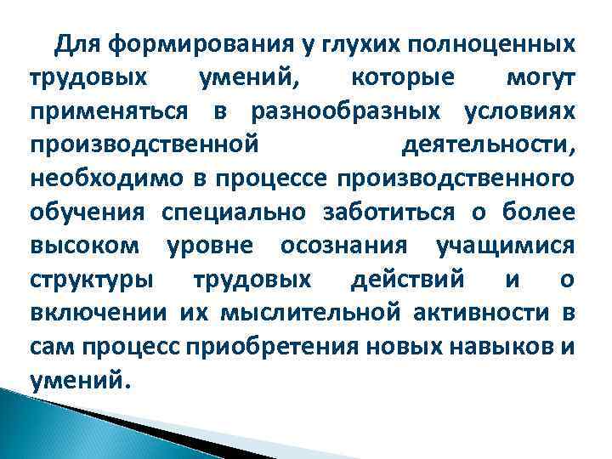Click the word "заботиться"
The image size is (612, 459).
[x=380, y=212]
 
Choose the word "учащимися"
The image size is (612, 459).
[x=505, y=245]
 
